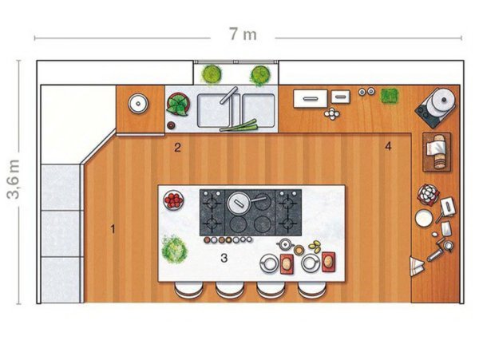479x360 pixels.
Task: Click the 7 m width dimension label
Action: pos(243,34)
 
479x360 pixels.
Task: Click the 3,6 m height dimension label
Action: pos(14,180)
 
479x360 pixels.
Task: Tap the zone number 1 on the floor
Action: pos(113,229)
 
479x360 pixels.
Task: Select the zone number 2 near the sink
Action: pos(177,148)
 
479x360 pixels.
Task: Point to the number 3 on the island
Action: pos(224,259)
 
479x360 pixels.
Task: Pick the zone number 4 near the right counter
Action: pos(388,147)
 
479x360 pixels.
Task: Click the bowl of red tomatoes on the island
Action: pos(173,200)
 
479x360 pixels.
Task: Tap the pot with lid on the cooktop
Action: pos(239,202)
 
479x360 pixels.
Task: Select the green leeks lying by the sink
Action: pos(239,126)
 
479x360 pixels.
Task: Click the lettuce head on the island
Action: pos(174,250)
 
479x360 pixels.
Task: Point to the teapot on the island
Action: pos(285,244)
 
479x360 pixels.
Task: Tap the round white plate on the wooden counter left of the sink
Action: pos(138,104)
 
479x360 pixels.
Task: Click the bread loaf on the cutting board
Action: pos(438,152)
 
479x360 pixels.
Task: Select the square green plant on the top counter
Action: pos(390,96)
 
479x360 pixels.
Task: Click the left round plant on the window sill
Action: pos(212,73)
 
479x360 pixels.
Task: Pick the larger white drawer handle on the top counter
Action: pos(311,98)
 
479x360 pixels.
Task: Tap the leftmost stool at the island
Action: pos(188,290)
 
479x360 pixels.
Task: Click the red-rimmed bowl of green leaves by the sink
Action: pos(178,105)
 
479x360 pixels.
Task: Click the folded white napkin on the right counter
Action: pos(417,266)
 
